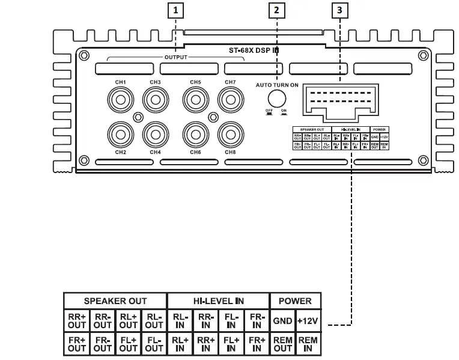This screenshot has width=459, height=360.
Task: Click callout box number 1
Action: (175, 10)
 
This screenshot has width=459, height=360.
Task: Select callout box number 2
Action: (276, 10)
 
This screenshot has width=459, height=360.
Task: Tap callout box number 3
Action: (339, 10)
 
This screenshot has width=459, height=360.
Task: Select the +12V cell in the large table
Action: (308, 321)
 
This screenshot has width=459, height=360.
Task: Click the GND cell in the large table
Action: (282, 321)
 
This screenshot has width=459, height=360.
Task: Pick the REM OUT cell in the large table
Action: (282, 344)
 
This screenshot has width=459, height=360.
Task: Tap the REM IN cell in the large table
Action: (308, 344)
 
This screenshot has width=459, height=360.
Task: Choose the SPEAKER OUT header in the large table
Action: (115, 301)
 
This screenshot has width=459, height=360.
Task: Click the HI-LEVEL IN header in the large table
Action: (218, 301)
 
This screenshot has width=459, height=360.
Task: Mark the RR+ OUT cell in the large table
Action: (77, 321)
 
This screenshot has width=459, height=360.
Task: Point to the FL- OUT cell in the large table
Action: (154, 344)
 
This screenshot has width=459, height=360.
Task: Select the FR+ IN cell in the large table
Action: (257, 344)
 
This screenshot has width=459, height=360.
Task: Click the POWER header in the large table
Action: (295, 301)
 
